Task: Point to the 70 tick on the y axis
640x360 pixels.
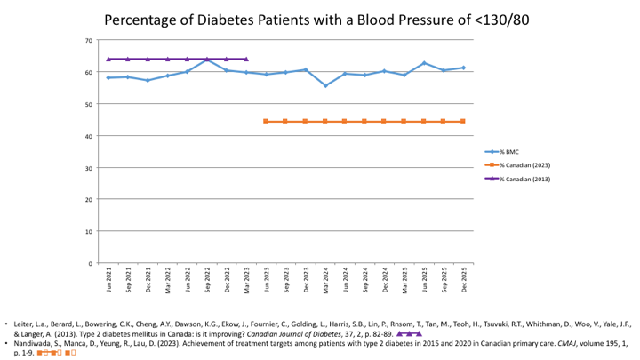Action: tap(89, 41)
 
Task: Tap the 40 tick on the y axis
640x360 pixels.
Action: tap(89, 136)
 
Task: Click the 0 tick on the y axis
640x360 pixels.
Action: tap(91, 264)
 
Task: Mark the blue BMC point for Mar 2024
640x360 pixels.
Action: tap(325, 85)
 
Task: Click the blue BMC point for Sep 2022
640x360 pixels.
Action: tap(207, 60)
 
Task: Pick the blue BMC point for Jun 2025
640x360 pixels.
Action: tap(424, 63)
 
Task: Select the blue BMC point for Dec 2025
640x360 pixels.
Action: tap(463, 68)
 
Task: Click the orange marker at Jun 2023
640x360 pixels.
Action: tap(266, 122)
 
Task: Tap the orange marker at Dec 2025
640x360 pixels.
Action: tap(463, 122)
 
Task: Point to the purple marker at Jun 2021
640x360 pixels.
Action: tap(108, 60)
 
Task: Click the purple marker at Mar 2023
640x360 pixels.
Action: tap(246, 60)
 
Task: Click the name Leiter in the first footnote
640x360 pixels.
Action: tap(25, 324)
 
